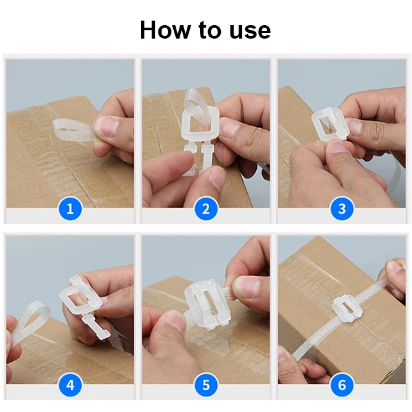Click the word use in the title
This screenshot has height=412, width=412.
click(x=248, y=30)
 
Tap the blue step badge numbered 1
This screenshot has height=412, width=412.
click(x=70, y=209)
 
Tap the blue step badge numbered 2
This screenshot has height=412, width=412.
click(x=206, y=209)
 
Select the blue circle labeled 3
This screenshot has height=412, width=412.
click(x=342, y=209)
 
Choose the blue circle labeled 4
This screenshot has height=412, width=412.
click(x=70, y=386)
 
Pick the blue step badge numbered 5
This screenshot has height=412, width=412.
click(x=206, y=386)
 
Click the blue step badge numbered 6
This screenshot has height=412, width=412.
click(x=342, y=386)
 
